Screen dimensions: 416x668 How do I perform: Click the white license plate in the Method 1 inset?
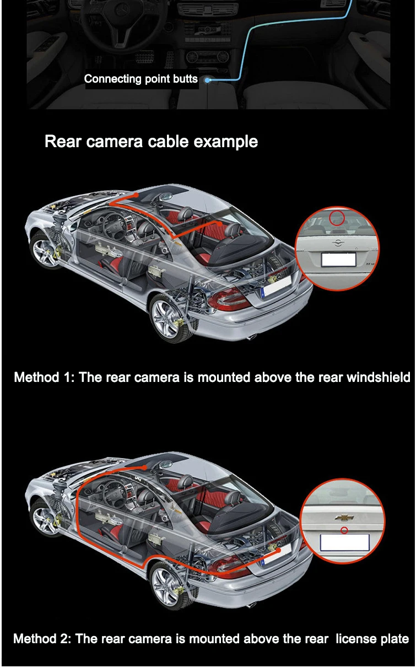pyautogui.click(x=338, y=260)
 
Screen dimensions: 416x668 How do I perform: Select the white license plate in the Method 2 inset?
pyautogui.click(x=344, y=542)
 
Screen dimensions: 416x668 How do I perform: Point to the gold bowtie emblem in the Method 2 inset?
pyautogui.click(x=344, y=518)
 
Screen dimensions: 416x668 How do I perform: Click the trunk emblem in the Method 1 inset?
pyautogui.click(x=338, y=243)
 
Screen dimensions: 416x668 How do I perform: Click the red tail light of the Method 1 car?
pyautogui.click(x=228, y=300)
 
